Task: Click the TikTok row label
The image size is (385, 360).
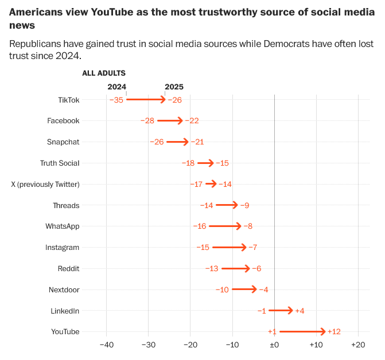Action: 68,100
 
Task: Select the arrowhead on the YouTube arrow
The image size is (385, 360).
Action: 323,331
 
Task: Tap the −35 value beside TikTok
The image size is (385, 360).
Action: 116,100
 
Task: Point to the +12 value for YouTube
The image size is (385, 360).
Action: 335,331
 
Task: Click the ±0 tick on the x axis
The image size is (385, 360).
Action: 274,345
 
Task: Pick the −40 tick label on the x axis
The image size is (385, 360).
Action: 106,345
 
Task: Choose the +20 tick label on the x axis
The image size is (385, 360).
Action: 357,345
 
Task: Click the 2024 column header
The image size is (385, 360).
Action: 117,87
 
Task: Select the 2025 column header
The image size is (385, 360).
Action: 174,87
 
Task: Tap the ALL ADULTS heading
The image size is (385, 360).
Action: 104,73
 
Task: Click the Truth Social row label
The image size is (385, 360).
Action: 60,163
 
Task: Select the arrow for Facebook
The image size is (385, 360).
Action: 170,121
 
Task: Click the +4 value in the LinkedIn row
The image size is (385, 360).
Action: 300,311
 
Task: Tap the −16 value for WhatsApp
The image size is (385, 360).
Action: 200,226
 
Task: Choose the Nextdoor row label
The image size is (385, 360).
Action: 64,289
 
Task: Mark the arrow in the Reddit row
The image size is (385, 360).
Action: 236,268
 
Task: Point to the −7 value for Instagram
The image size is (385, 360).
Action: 253,247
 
